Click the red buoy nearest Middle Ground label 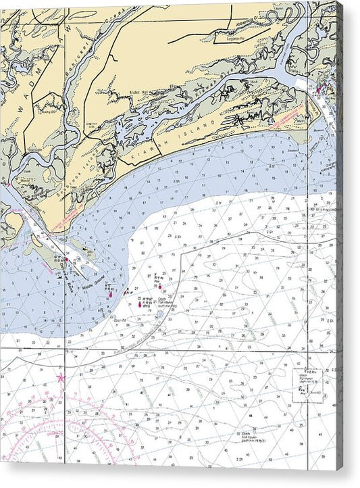pyautogui.click(x=110, y=293)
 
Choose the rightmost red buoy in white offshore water pyautogui.click(x=161, y=291)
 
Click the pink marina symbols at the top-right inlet pyautogui.click(x=318, y=89)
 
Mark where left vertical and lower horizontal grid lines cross pyautogui.click(x=66, y=349)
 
